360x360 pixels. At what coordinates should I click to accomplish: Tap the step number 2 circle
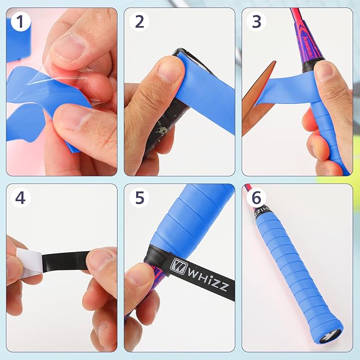[x=139, y=22]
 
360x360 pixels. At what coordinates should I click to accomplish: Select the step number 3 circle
[x=257, y=22]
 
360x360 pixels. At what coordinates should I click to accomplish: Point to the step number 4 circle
[x=20, y=198]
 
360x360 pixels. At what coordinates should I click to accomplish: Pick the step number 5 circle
[x=139, y=198]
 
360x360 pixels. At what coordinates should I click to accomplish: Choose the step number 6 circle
[x=257, y=198]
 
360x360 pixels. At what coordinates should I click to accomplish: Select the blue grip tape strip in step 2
[x=209, y=95]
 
